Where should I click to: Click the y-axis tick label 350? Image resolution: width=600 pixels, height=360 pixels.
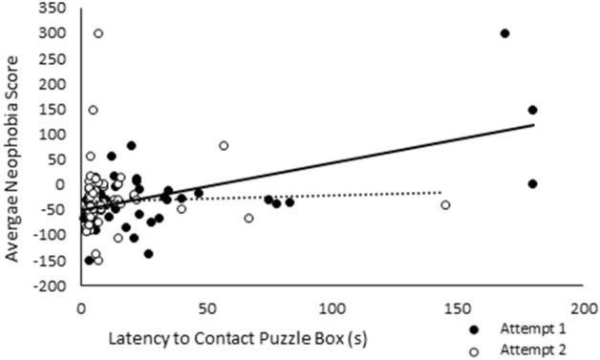click(56, 9)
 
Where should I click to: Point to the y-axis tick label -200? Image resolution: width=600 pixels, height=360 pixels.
click(54, 286)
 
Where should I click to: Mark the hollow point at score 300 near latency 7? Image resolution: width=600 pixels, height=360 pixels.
click(97, 33)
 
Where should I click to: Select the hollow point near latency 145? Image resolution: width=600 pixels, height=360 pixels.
click(444, 205)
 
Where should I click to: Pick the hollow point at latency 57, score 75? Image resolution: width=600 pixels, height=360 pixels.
click(224, 146)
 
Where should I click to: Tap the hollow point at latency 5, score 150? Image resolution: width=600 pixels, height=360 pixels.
click(93, 110)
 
